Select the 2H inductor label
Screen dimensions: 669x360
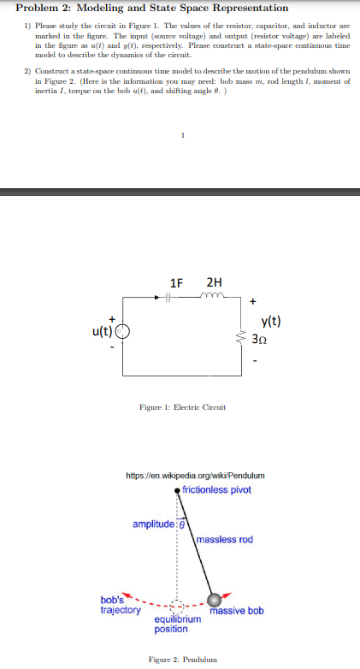[215, 282]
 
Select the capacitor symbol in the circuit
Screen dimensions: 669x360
[169, 299]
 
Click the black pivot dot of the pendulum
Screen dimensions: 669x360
[177, 490]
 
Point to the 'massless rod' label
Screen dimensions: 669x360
[224, 539]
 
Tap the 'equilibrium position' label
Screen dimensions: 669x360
[177, 624]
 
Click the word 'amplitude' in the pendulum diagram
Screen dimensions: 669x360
[152, 523]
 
